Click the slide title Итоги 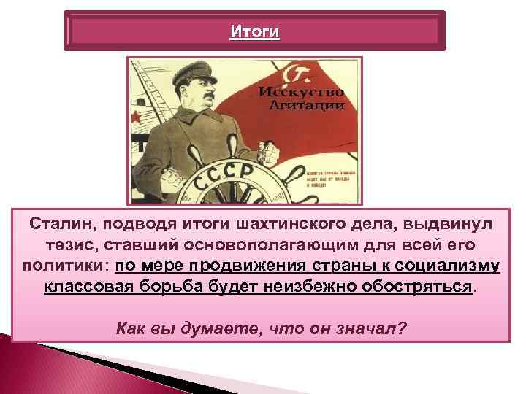254,32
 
